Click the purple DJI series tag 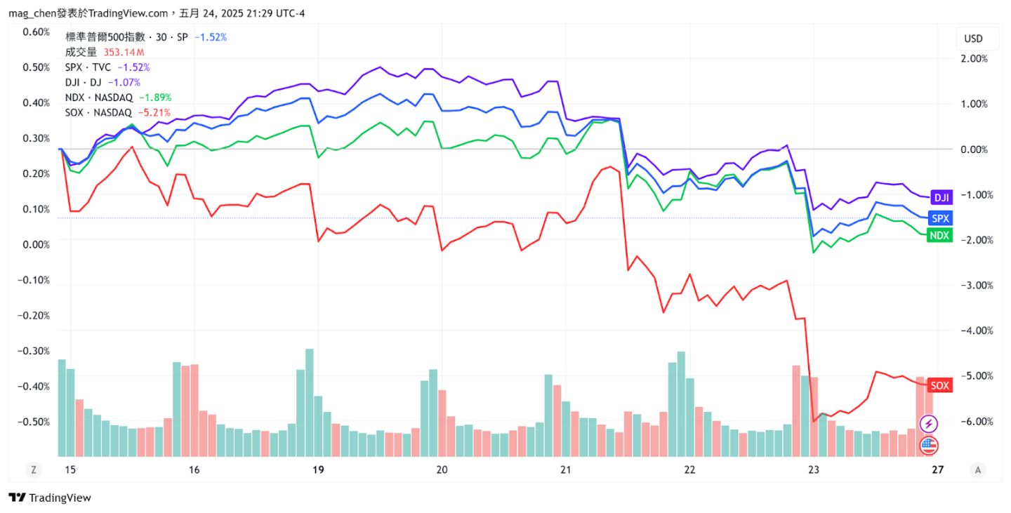[x=941, y=197]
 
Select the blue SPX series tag [x=940, y=218]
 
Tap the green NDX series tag [x=940, y=236]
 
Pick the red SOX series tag [x=940, y=385]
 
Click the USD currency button [x=973, y=39]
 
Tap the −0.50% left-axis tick [x=35, y=422]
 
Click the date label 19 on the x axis [x=318, y=469]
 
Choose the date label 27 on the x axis [x=938, y=469]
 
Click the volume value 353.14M [x=124, y=52]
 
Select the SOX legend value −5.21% [x=154, y=112]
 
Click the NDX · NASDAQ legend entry [x=98, y=98]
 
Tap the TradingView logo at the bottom [x=50, y=498]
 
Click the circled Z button [x=33, y=469]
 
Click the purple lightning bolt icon [x=929, y=424]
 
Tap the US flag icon [x=929, y=445]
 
